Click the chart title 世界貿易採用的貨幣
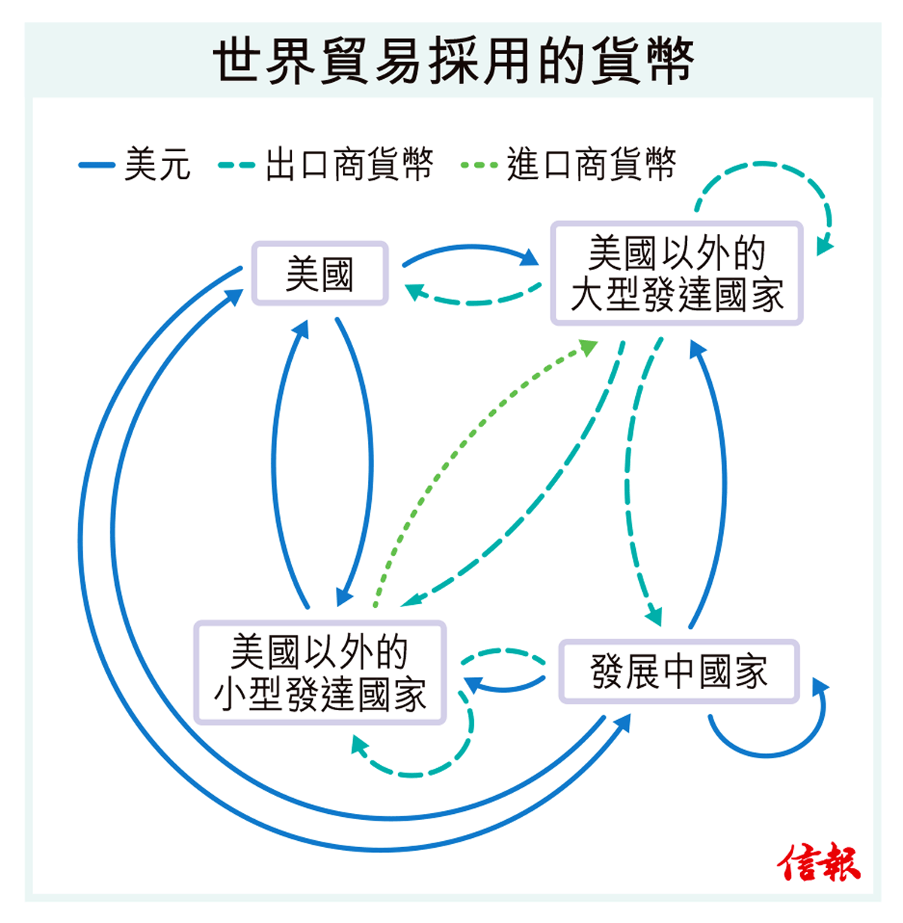pyautogui.click(x=452, y=60)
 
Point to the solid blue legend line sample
pyautogui.click(x=96, y=165)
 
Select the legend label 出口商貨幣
pyautogui.click(x=349, y=164)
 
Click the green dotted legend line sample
pyautogui.click(x=479, y=165)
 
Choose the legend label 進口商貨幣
pyautogui.click(x=591, y=164)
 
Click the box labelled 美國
pyautogui.click(x=320, y=274)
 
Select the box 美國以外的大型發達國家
pyautogui.click(x=676, y=274)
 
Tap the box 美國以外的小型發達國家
pyautogui.click(x=320, y=673)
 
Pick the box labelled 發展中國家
pyautogui.click(x=678, y=672)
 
